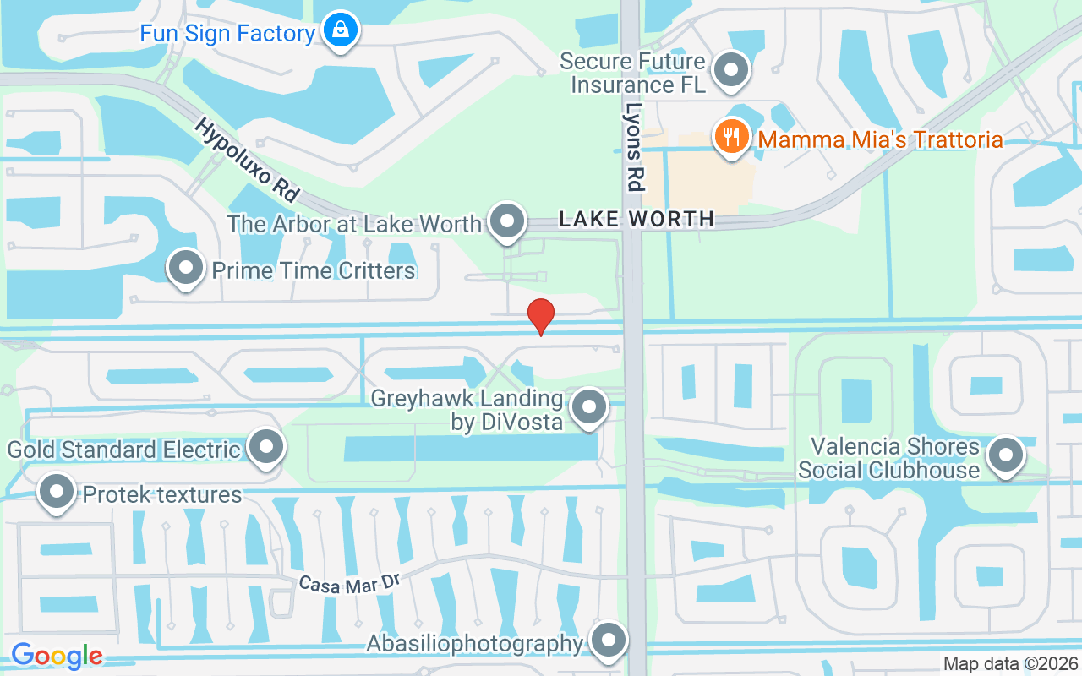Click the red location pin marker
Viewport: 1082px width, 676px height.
coord(541,316)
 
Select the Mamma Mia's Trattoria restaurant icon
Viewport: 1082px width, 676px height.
coord(731,137)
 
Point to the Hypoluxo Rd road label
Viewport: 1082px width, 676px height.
coord(247,160)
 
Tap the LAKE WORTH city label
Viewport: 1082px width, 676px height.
coord(637,220)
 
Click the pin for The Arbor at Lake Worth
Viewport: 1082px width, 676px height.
coord(507,222)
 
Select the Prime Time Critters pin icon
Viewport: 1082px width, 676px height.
coord(186,269)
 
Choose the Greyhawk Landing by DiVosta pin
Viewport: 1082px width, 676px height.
coord(588,407)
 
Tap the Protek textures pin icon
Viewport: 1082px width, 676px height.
coord(57,492)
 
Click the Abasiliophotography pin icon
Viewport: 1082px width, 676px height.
coord(608,641)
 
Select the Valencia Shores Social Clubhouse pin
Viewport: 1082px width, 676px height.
coord(1005,455)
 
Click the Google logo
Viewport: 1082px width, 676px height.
coord(57,656)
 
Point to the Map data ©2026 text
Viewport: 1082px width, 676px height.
coord(1010,663)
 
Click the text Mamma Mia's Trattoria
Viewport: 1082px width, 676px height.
coord(880,139)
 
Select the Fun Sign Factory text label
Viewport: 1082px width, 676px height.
coord(227,34)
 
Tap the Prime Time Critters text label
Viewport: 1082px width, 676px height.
coord(314,270)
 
